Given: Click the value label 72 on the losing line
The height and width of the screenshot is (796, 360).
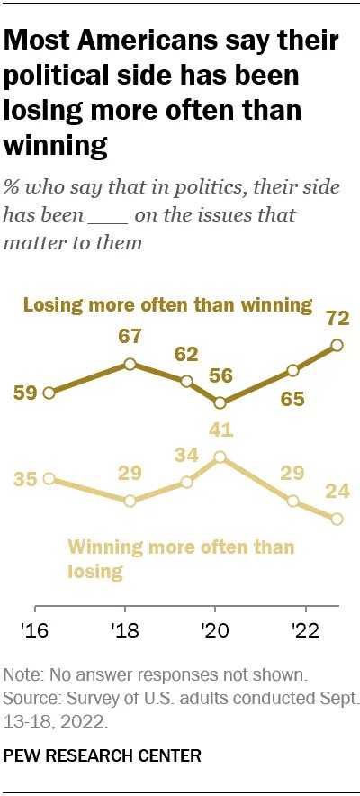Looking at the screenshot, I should (337, 319).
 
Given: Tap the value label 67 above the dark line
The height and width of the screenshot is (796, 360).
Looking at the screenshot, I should (130, 337).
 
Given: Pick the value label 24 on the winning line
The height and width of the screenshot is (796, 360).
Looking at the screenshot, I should (337, 491).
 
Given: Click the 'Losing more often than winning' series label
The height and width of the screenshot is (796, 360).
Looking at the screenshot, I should (167, 304).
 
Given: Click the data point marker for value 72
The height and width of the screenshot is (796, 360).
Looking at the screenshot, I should (337, 345).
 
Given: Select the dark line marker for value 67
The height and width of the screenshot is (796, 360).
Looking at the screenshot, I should (130, 364).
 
